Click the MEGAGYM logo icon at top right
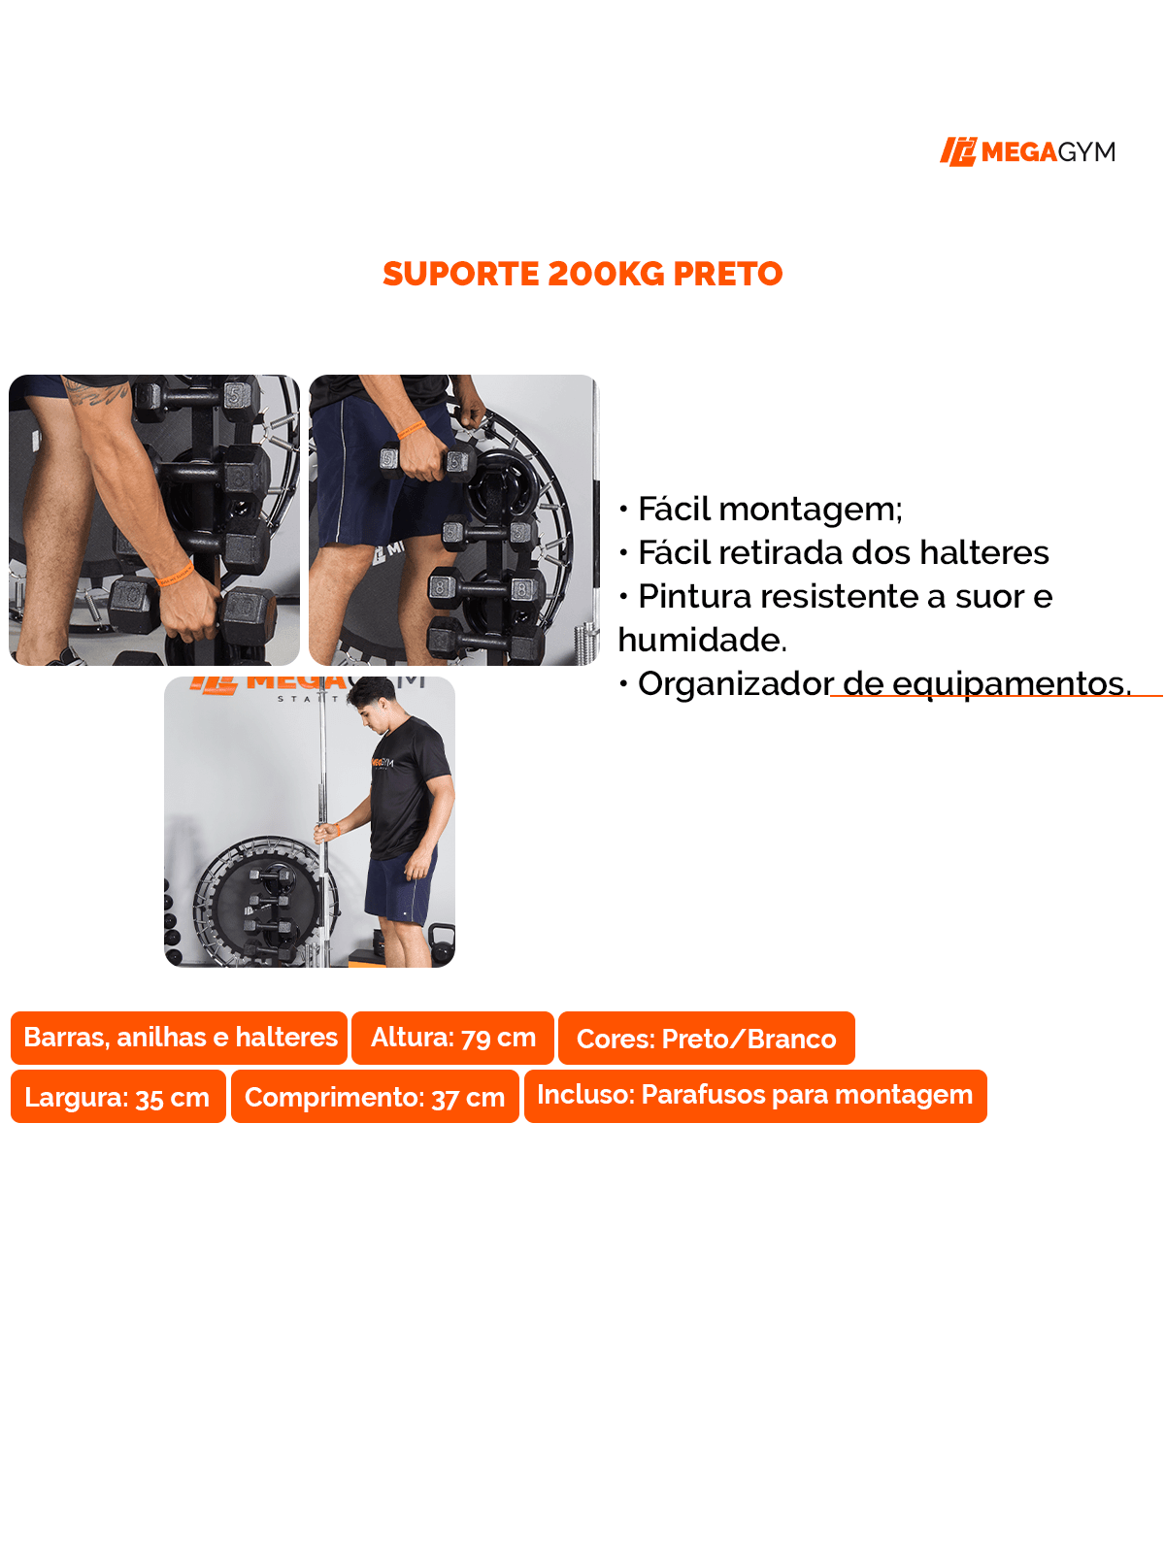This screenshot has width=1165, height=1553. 957,151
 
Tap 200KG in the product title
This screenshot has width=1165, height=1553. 606,274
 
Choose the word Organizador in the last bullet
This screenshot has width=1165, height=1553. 735,683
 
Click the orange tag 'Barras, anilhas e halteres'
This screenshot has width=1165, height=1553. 180,1038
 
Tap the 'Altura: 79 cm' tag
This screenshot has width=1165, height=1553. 452,1038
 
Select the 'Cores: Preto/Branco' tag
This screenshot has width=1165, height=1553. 706,1039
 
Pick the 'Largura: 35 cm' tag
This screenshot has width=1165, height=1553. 117,1097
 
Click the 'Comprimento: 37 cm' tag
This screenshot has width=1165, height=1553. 375,1097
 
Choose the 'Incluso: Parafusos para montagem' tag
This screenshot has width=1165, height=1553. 754,1096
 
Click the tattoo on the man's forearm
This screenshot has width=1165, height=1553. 97,393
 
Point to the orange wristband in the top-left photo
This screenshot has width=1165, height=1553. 175,575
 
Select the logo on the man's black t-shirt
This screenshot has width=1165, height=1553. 383,763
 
